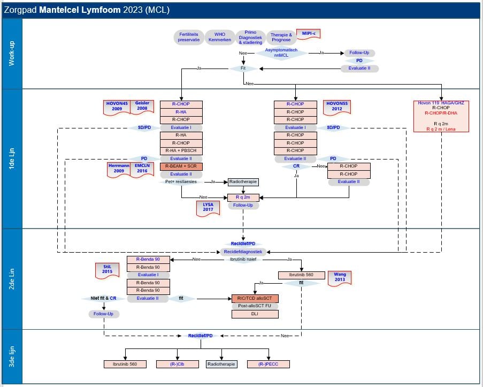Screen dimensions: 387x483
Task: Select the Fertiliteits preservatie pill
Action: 188,37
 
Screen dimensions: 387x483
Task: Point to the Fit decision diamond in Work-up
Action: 244,69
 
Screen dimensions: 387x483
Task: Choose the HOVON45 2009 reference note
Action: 117,106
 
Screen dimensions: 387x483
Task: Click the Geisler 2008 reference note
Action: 142,106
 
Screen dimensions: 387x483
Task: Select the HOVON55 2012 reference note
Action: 337,106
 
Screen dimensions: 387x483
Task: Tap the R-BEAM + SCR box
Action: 181,166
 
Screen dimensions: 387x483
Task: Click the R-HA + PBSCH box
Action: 181,151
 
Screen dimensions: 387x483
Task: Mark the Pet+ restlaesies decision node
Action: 181,182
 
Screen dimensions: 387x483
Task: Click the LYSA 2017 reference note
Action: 208,207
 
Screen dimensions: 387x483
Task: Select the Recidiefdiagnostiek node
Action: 243,252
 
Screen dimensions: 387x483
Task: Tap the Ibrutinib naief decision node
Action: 243,259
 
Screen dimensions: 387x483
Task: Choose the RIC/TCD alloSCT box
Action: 255,298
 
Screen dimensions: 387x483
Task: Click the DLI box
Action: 255,314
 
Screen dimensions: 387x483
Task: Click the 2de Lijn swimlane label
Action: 11,279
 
